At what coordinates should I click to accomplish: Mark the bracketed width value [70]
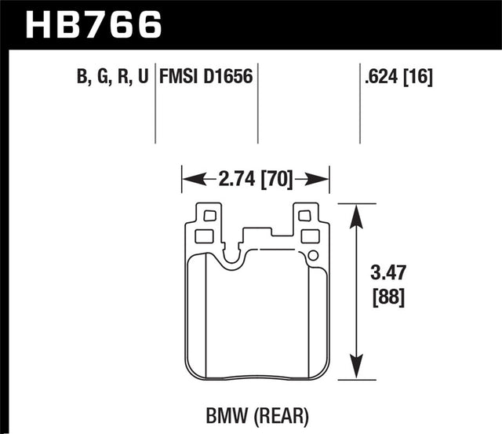[278, 180]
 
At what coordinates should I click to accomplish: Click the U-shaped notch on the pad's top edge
[231, 253]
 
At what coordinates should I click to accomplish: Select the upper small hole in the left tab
[208, 215]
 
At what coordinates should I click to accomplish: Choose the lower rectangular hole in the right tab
[309, 235]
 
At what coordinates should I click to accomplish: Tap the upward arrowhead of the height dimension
[358, 213]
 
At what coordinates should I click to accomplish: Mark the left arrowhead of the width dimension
[189, 180]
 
